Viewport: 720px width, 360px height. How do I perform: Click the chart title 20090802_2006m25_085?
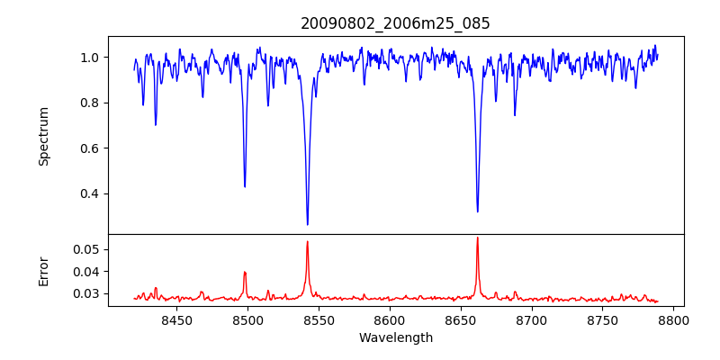click(x=395, y=23)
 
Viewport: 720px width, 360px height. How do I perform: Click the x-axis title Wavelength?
click(x=395, y=337)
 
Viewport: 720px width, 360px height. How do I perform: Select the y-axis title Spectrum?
click(x=43, y=136)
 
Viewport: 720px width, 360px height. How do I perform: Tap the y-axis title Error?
click(x=43, y=270)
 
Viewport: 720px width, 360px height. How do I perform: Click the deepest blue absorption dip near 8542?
click(x=307, y=224)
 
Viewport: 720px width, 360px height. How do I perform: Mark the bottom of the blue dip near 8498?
click(x=245, y=186)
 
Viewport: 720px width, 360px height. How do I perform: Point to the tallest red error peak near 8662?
click(x=477, y=238)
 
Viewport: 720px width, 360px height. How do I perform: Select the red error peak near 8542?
click(x=307, y=241)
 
